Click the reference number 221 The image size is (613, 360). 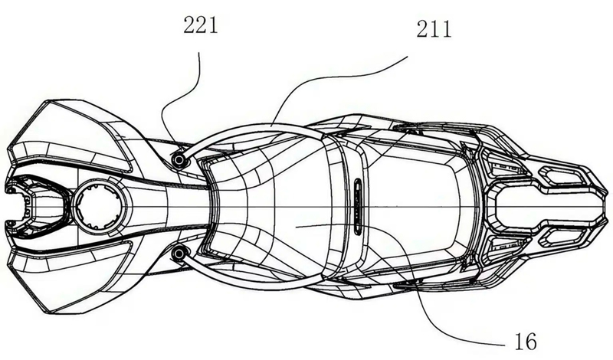[x=201, y=26]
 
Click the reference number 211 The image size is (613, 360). [x=434, y=29]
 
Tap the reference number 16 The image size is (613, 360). [x=526, y=342]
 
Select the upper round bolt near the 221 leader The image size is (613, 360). [x=179, y=159]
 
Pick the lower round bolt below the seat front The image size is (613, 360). [x=179, y=254]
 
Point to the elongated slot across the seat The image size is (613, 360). [x=358, y=206]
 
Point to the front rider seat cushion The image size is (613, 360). [x=274, y=206]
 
